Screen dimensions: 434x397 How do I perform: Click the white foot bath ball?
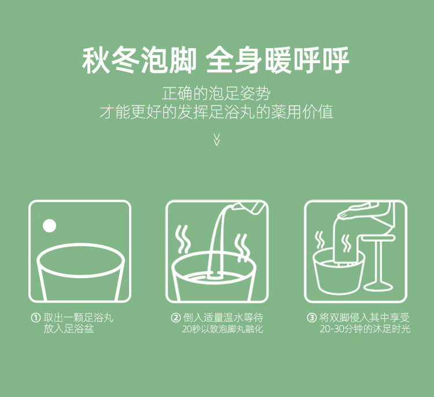[50, 225]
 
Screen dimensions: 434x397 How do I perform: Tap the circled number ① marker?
[35, 318]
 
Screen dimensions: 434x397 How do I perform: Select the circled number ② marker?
[175, 318]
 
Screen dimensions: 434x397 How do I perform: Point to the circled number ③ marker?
[312, 318]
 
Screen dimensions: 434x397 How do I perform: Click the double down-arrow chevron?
[217, 140]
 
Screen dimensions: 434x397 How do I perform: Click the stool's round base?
[378, 286]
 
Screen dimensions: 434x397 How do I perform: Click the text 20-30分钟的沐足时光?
[365, 329]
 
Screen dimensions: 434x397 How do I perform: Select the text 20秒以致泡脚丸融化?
[223, 329]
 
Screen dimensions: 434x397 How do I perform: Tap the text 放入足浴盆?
[69, 329]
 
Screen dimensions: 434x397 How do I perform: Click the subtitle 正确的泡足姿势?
[216, 93]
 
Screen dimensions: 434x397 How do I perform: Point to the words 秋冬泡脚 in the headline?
[139, 60]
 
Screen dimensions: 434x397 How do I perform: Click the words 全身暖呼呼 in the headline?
[277, 60]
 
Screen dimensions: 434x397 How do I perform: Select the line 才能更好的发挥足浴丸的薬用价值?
[216, 112]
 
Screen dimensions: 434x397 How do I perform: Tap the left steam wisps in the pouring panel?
[183, 239]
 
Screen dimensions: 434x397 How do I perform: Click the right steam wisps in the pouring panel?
[242, 248]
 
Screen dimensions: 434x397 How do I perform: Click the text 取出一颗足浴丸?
[78, 318]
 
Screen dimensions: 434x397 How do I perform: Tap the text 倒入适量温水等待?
[223, 318]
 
